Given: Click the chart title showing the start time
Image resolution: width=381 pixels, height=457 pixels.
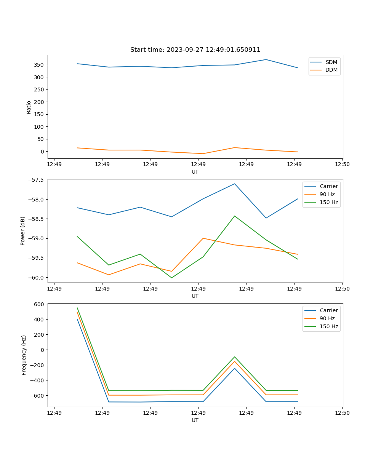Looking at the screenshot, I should [x=195, y=50].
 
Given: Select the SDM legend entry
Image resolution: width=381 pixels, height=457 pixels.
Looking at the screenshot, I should [x=331, y=62].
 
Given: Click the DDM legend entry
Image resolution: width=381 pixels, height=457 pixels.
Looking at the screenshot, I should [x=331, y=70].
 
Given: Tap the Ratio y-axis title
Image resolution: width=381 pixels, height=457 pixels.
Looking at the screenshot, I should [x=29, y=107].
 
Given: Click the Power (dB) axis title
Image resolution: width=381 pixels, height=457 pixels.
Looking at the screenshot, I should [x=23, y=231].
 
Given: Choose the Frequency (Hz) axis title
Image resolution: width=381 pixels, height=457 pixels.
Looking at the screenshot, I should [x=24, y=355].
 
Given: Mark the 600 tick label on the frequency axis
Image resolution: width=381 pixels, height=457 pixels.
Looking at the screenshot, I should [x=40, y=304].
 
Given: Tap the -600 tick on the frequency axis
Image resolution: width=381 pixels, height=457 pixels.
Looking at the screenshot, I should [x=38, y=395].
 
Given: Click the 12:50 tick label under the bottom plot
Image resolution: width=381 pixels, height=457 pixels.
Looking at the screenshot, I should [x=342, y=412].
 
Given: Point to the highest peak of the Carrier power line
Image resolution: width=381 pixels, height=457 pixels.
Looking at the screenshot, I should [x=235, y=184].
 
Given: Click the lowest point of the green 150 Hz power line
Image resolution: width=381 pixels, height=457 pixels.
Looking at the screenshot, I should [x=171, y=278].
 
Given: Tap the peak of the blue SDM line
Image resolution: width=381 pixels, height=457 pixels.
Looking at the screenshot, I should [x=266, y=59].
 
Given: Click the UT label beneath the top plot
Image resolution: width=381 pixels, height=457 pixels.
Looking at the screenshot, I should [x=195, y=172].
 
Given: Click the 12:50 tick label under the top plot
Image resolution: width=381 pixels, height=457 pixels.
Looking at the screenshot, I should [x=342, y=164].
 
